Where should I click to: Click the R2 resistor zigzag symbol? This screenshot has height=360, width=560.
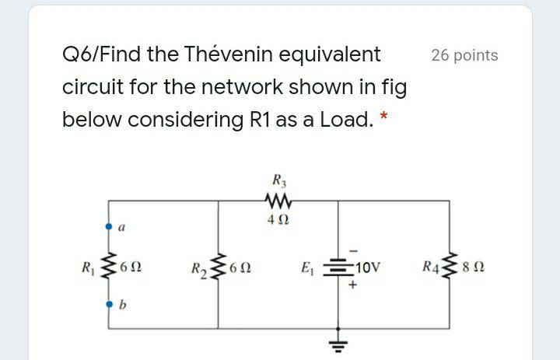click(x=219, y=269)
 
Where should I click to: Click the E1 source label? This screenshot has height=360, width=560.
click(x=306, y=269)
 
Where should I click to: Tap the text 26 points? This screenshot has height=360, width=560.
click(x=464, y=55)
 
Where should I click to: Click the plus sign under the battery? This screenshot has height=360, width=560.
click(x=353, y=285)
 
